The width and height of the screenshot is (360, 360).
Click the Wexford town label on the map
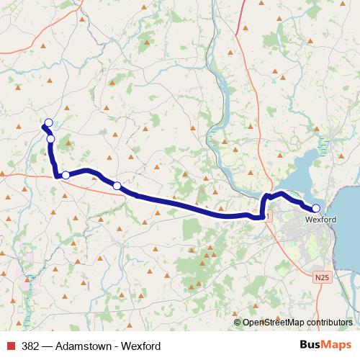(x=320, y=220)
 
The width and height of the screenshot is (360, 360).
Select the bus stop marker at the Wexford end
(x=315, y=208)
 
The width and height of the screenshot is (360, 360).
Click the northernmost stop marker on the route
(x=49, y=122)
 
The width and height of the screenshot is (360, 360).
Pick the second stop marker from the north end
(x=51, y=139)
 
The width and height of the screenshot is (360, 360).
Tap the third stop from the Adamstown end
(x=66, y=175)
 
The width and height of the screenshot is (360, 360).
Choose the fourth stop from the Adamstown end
(x=117, y=186)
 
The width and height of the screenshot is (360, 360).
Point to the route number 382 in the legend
(x=31, y=346)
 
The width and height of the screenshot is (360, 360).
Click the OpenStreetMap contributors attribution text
(x=297, y=323)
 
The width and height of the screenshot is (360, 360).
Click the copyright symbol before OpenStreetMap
(x=238, y=323)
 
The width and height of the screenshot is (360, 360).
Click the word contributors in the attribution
(x=328, y=323)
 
